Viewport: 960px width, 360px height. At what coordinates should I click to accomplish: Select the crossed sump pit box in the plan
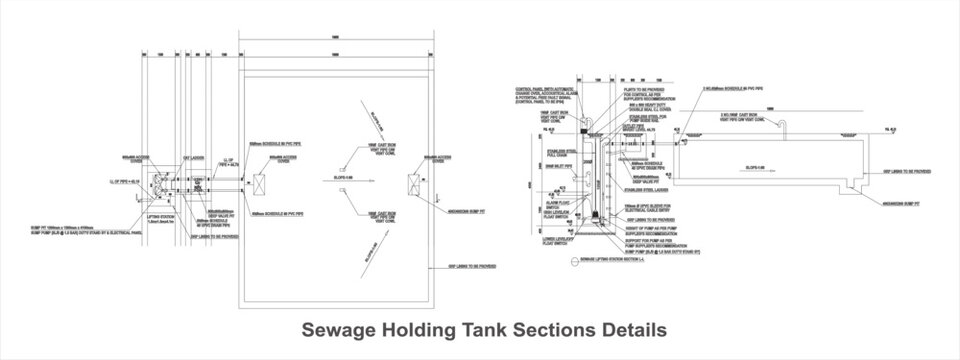click(x=413, y=184)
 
